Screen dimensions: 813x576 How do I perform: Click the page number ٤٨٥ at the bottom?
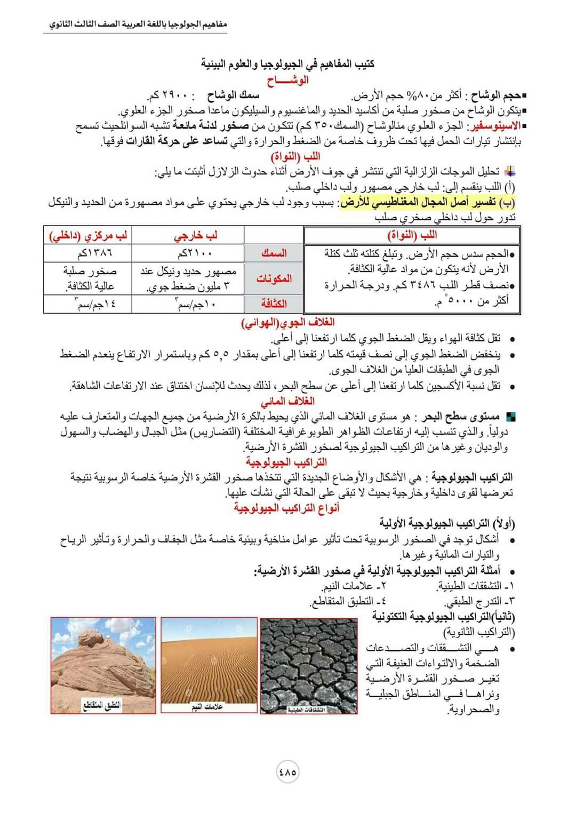(287, 772)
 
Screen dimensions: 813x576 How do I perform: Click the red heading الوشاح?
(287, 81)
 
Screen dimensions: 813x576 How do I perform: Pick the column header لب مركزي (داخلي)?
(88, 235)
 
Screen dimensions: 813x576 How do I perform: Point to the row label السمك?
(274, 253)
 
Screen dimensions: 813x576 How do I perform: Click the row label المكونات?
(274, 278)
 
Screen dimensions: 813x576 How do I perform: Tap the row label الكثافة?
(274, 304)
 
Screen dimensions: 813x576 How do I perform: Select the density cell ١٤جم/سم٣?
(88, 304)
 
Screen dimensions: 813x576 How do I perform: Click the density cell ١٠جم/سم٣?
(188, 304)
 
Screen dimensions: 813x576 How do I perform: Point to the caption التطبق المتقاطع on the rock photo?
(102, 705)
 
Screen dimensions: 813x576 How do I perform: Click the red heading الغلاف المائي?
(287, 401)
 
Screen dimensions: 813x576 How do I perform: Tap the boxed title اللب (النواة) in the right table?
(412, 235)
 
